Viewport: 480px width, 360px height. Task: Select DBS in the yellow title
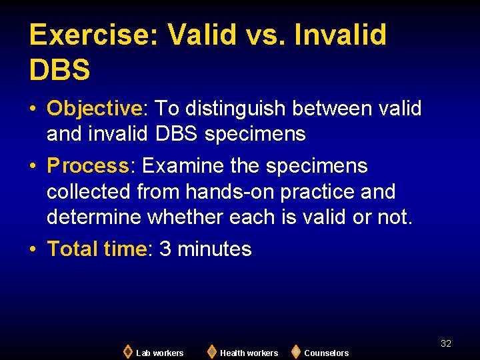pos(60,69)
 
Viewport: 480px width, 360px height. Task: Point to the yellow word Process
pos(87,165)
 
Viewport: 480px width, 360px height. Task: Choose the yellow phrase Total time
pos(97,249)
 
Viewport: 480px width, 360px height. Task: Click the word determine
pos(94,217)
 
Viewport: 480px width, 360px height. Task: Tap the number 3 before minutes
pos(165,249)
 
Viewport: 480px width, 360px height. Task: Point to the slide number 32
pos(446,343)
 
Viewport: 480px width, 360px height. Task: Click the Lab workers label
pos(159,353)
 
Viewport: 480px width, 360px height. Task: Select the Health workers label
pos(249,353)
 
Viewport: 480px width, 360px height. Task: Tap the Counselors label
pos(326,353)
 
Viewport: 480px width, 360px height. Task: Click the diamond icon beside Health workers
pos(211,351)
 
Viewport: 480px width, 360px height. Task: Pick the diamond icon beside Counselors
pos(296,351)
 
